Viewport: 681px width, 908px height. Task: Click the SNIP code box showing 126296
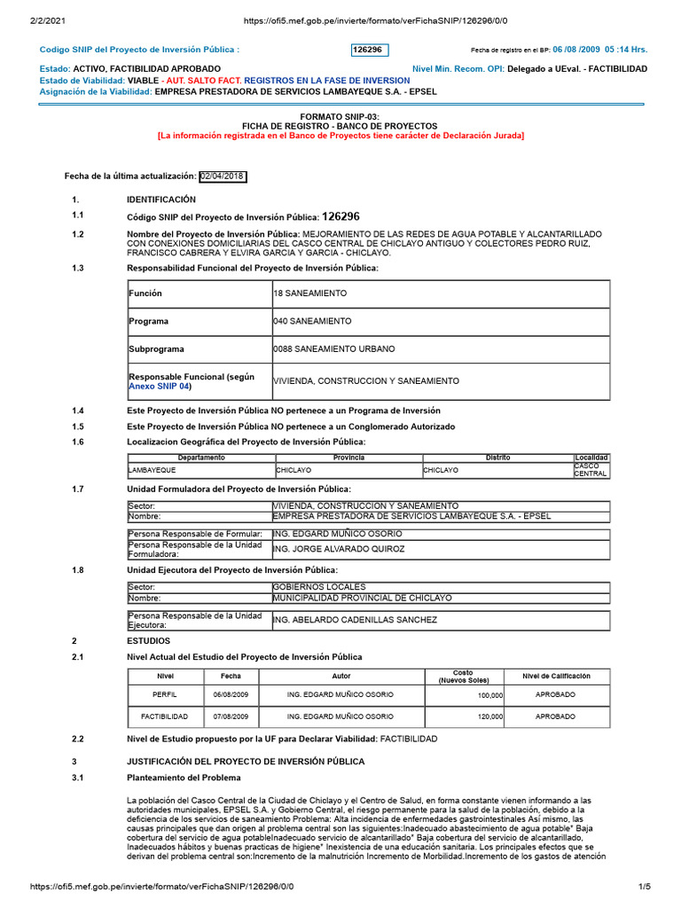coord(370,51)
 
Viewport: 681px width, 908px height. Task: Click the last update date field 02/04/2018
coord(223,176)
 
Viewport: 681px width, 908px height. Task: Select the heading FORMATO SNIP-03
coord(340,116)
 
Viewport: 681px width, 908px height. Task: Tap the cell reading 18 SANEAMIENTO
coord(310,294)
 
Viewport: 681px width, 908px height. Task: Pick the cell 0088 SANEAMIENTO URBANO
coord(334,349)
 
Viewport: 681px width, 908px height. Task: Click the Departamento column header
coord(201,458)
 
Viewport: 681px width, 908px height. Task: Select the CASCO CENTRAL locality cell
coord(591,470)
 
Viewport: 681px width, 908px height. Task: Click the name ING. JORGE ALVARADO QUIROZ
coord(338,550)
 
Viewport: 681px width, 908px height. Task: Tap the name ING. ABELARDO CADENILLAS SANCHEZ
coord(355,621)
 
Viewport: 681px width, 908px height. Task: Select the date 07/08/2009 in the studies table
coord(231,716)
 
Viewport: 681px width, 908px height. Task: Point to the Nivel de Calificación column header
coord(556,677)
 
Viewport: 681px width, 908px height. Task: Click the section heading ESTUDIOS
coord(149,640)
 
